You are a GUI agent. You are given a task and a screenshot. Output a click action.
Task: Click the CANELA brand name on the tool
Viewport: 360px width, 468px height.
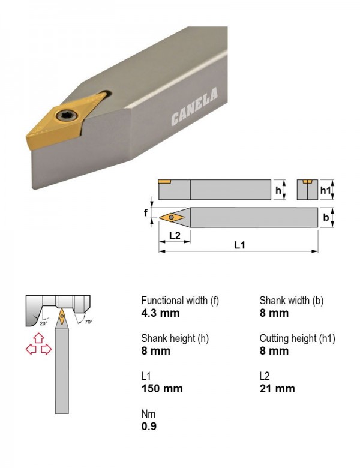coord(194,107)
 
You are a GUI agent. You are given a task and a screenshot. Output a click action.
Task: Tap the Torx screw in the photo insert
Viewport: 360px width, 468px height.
coord(64,116)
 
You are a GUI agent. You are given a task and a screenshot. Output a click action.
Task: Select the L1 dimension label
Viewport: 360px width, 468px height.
coord(239,245)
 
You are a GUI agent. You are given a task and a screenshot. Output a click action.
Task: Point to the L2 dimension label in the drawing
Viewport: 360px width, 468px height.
coord(175,235)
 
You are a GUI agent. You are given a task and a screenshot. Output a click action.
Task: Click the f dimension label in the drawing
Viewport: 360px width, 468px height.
coord(146,213)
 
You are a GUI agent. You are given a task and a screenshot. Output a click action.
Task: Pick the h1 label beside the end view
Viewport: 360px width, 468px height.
coord(325,190)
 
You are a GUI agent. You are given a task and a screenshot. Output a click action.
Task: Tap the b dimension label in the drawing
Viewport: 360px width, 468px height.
coord(326,217)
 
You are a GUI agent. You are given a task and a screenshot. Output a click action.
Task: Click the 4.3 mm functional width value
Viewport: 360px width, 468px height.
coord(161,313)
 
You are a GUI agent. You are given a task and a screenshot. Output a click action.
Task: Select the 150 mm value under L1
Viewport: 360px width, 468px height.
coord(162,389)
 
